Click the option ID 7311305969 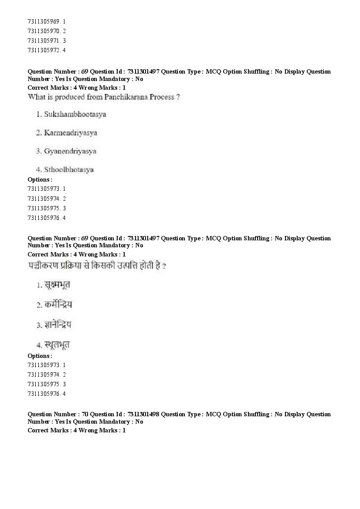(x=43, y=21)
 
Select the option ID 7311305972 (x=43, y=50)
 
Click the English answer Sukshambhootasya (x=75, y=115)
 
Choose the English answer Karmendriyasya (x=70, y=133)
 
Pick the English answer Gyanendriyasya (x=70, y=152)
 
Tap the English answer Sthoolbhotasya (x=68, y=170)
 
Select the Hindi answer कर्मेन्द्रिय (x=58, y=305)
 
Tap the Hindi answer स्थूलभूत (x=57, y=345)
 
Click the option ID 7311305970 (x=43, y=31)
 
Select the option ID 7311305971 (x=43, y=40)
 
